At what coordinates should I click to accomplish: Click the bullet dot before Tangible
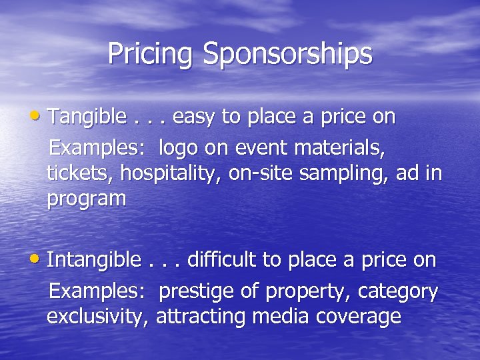pyautogui.click(x=41, y=117)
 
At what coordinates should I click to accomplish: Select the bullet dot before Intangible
pyautogui.click(x=41, y=259)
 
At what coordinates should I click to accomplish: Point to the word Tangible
pyautogui.click(x=87, y=118)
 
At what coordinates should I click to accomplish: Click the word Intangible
pyautogui.click(x=94, y=259)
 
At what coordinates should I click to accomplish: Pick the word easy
pyautogui.click(x=194, y=118)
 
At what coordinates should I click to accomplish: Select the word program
pyautogui.click(x=86, y=199)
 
